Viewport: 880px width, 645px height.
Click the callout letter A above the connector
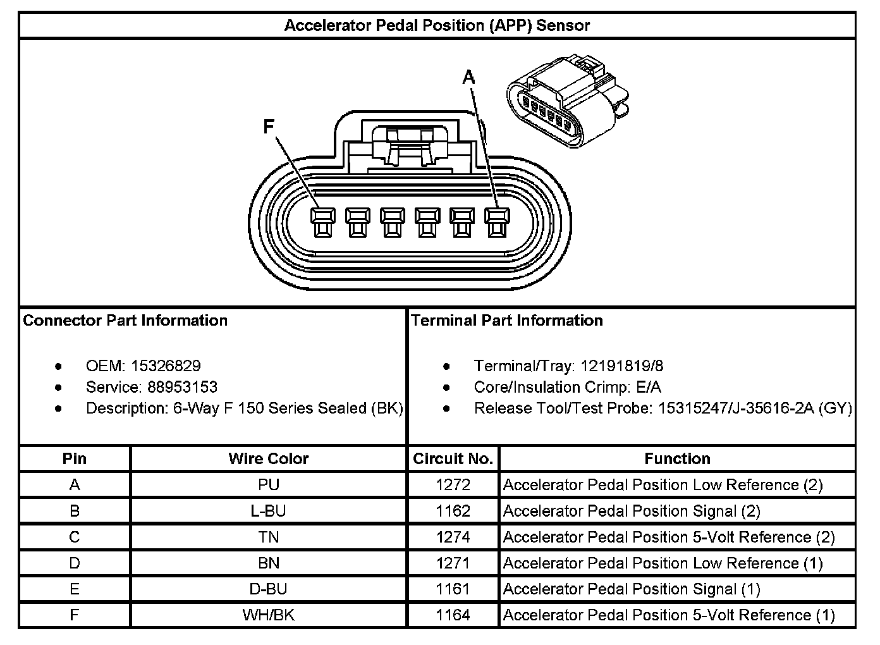(468, 78)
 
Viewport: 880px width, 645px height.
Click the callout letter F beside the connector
(269, 127)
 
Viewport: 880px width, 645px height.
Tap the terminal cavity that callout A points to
(496, 223)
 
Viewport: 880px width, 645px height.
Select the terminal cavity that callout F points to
(322, 223)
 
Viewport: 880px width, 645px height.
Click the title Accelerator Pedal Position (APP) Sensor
(437, 25)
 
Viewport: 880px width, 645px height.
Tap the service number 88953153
(182, 387)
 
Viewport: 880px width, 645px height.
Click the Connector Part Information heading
(125, 320)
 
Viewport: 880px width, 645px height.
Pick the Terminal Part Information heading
(507, 320)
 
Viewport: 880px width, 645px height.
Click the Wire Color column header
(269, 458)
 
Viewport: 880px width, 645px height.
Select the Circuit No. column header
(453, 458)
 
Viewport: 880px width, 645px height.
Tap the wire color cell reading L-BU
(269, 511)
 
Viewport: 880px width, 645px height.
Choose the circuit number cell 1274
(453, 537)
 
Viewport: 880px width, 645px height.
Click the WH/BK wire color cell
(269, 615)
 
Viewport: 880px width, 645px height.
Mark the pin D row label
(75, 563)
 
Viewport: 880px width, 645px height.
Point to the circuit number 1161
(453, 589)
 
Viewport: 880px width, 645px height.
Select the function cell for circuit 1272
(663, 485)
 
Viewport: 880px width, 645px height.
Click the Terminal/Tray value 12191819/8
(621, 365)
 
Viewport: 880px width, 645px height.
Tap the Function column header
(677, 458)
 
